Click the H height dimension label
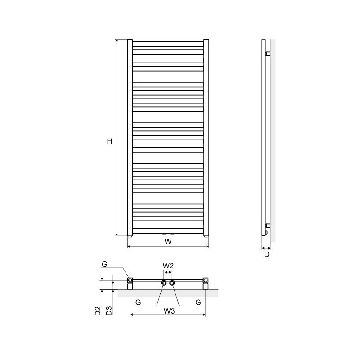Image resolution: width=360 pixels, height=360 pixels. (x=109, y=141)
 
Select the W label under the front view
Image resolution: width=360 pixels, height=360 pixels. (x=168, y=242)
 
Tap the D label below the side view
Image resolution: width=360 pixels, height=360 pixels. (x=266, y=254)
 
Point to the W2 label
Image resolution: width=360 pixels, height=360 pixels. (x=168, y=265)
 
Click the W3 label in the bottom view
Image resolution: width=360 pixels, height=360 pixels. (x=169, y=311)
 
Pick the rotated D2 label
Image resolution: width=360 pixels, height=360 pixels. (x=98, y=311)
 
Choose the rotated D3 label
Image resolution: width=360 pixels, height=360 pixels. (x=109, y=311)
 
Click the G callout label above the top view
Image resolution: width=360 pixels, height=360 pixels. (x=104, y=264)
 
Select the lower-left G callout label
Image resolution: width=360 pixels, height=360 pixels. (x=138, y=302)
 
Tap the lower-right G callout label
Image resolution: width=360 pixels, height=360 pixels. (x=198, y=302)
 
